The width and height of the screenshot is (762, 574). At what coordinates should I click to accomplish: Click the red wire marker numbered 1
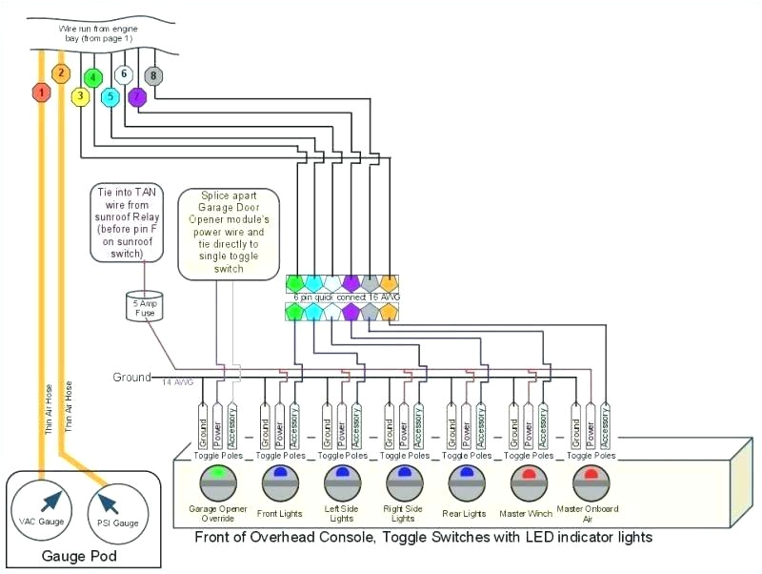pyautogui.click(x=41, y=92)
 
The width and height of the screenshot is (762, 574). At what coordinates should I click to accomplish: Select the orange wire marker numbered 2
pyautogui.click(x=60, y=73)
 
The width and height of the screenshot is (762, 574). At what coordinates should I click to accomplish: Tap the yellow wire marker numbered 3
pyautogui.click(x=81, y=95)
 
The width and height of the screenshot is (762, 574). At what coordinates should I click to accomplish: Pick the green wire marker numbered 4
pyautogui.click(x=93, y=77)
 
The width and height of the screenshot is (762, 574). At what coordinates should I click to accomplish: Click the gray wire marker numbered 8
pyautogui.click(x=152, y=75)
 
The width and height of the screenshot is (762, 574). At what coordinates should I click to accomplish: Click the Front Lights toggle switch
pyautogui.click(x=280, y=480)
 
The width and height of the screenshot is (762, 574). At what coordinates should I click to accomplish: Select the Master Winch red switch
pyautogui.click(x=527, y=480)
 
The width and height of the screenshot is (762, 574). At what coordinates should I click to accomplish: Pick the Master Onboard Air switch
pyautogui.click(x=589, y=480)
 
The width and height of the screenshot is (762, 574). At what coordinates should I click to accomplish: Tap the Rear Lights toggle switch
pyautogui.click(x=465, y=480)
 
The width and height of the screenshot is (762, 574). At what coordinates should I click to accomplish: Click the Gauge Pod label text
pyautogui.click(x=76, y=555)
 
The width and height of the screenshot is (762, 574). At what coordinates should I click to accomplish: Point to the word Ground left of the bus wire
pyautogui.click(x=131, y=378)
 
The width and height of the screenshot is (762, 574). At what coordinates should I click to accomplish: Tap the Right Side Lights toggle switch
pyautogui.click(x=403, y=480)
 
